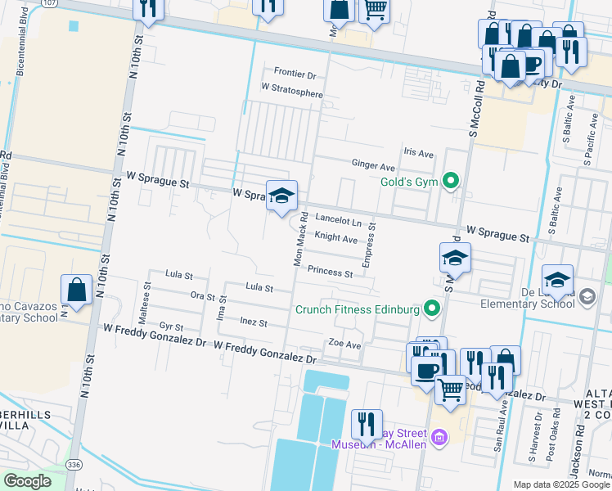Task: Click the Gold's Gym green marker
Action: click(x=449, y=181)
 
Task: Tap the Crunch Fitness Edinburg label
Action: click(x=358, y=309)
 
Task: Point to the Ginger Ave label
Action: click(x=373, y=165)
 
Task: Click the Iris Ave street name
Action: click(x=418, y=153)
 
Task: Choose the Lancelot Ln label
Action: click(x=339, y=221)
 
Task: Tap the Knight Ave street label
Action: click(x=336, y=239)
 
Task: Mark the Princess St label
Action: click(x=330, y=272)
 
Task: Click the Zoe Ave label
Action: click(x=344, y=344)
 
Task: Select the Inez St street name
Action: click(x=254, y=322)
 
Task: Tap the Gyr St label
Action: click(x=171, y=325)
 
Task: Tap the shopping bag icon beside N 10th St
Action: click(x=76, y=291)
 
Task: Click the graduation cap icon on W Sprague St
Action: click(x=281, y=196)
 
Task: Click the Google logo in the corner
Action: click(x=27, y=481)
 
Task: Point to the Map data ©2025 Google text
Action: click(x=560, y=484)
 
